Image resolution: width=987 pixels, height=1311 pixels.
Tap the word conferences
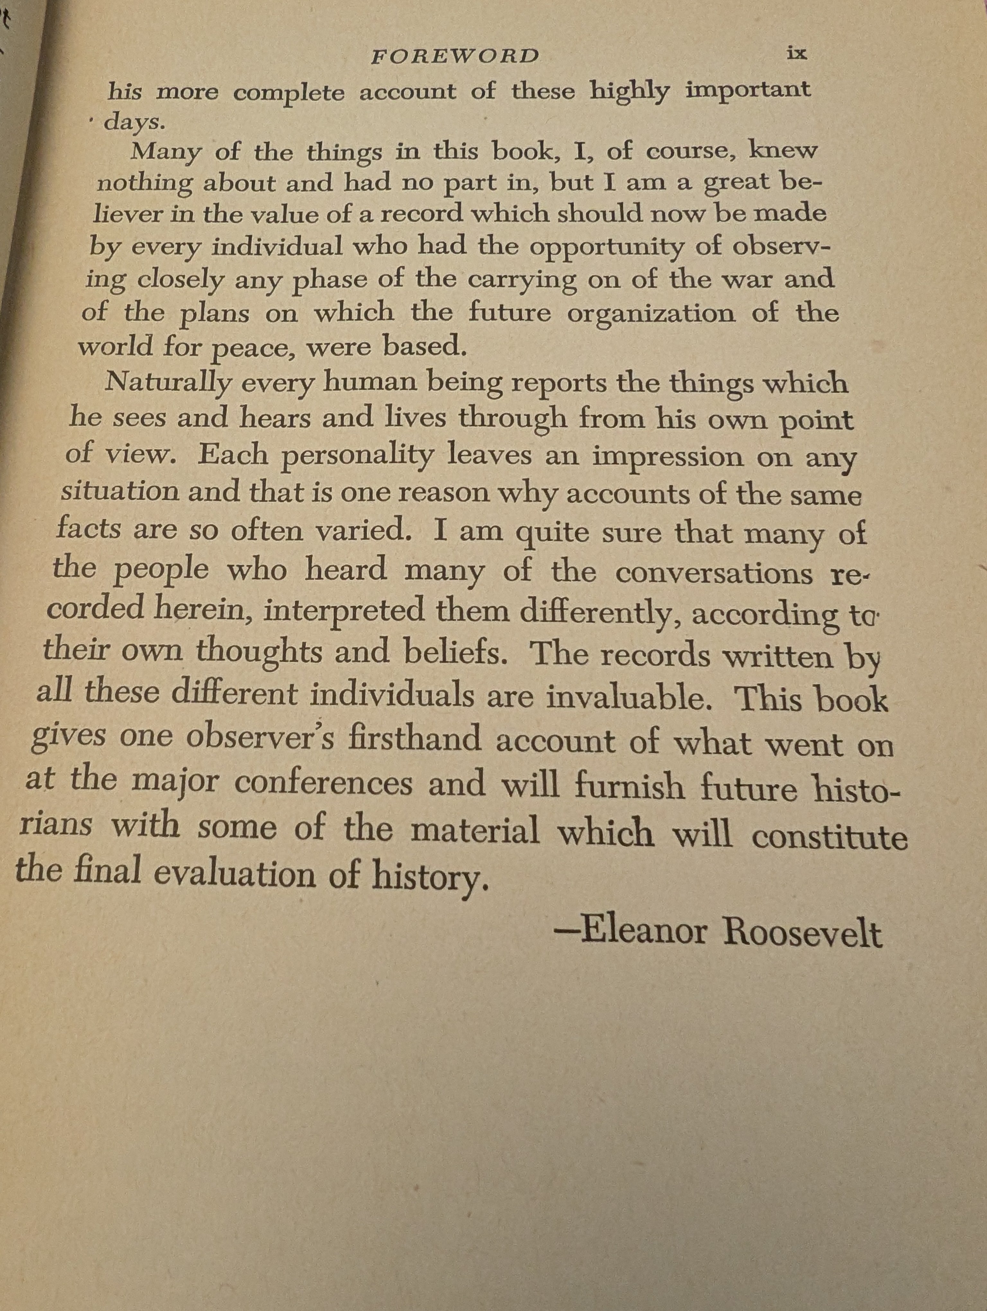coord(324,783)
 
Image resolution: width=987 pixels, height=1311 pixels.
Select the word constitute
coord(830,837)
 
